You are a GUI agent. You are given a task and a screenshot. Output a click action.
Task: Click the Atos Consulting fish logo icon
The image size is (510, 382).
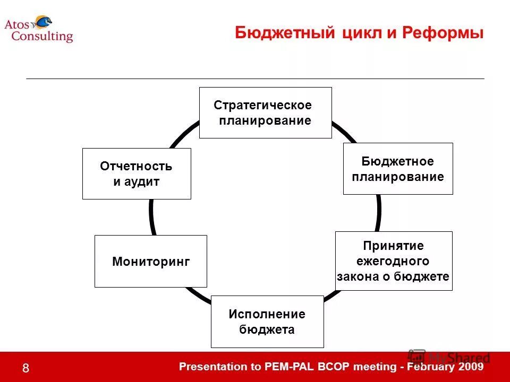pos(43,22)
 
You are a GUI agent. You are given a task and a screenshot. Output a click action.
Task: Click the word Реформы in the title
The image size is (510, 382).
pos(443,33)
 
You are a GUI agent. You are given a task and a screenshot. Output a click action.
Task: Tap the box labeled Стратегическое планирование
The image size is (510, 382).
pos(265,112)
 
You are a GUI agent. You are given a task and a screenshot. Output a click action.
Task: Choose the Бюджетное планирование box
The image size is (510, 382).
pos(398,169)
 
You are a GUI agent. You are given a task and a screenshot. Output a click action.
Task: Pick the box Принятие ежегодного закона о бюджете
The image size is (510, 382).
pos(394,261)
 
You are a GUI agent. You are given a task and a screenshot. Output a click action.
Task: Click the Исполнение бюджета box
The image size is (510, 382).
pos(267,322)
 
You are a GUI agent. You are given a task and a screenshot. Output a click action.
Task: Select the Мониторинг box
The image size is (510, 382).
pos(151,261)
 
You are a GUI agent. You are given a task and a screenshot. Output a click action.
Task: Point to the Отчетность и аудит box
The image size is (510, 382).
pos(137,173)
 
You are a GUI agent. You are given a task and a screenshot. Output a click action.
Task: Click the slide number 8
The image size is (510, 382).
pos(25,369)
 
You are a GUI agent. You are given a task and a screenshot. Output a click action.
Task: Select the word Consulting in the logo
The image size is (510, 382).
pos(42,37)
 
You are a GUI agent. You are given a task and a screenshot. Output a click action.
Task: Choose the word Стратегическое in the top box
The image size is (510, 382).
pos(262,105)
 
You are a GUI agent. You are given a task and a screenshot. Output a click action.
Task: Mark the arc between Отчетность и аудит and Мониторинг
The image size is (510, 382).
pos(151,217)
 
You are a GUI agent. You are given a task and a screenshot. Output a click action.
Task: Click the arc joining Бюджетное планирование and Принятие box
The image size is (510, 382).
pos(378,213)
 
